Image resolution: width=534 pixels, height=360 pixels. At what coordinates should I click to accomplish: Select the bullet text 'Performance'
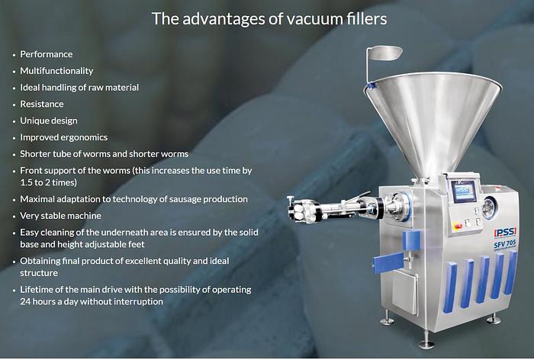coord(47,54)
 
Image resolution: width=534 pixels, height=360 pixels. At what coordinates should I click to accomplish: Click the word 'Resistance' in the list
coord(42,104)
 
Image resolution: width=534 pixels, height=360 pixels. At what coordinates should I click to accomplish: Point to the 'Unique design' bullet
coord(49,121)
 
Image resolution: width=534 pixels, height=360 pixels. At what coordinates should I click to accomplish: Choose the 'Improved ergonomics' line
coord(64,137)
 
